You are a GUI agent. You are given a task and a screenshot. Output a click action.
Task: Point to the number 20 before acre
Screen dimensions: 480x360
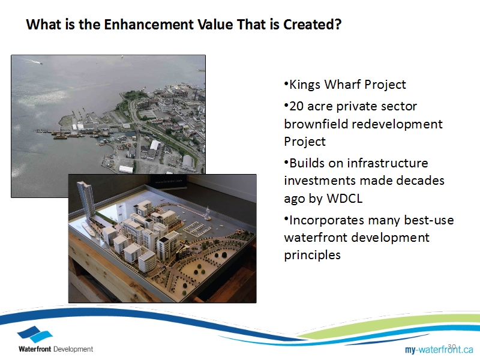coord(296,106)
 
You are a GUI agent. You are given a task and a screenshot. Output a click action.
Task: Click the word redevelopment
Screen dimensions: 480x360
coord(397,124)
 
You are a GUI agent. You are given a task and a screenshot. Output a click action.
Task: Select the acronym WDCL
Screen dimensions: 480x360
coord(344,199)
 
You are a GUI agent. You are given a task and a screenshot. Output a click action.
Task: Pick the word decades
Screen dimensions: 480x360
coord(421,181)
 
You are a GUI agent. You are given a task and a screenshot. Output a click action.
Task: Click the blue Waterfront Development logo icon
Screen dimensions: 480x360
coord(35,334)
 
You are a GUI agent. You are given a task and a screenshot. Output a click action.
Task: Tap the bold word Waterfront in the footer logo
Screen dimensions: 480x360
coord(35,349)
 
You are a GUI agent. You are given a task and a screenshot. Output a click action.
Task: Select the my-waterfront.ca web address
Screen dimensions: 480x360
coord(439,349)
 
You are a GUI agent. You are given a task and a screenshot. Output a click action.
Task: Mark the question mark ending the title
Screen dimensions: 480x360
coord(338,25)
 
